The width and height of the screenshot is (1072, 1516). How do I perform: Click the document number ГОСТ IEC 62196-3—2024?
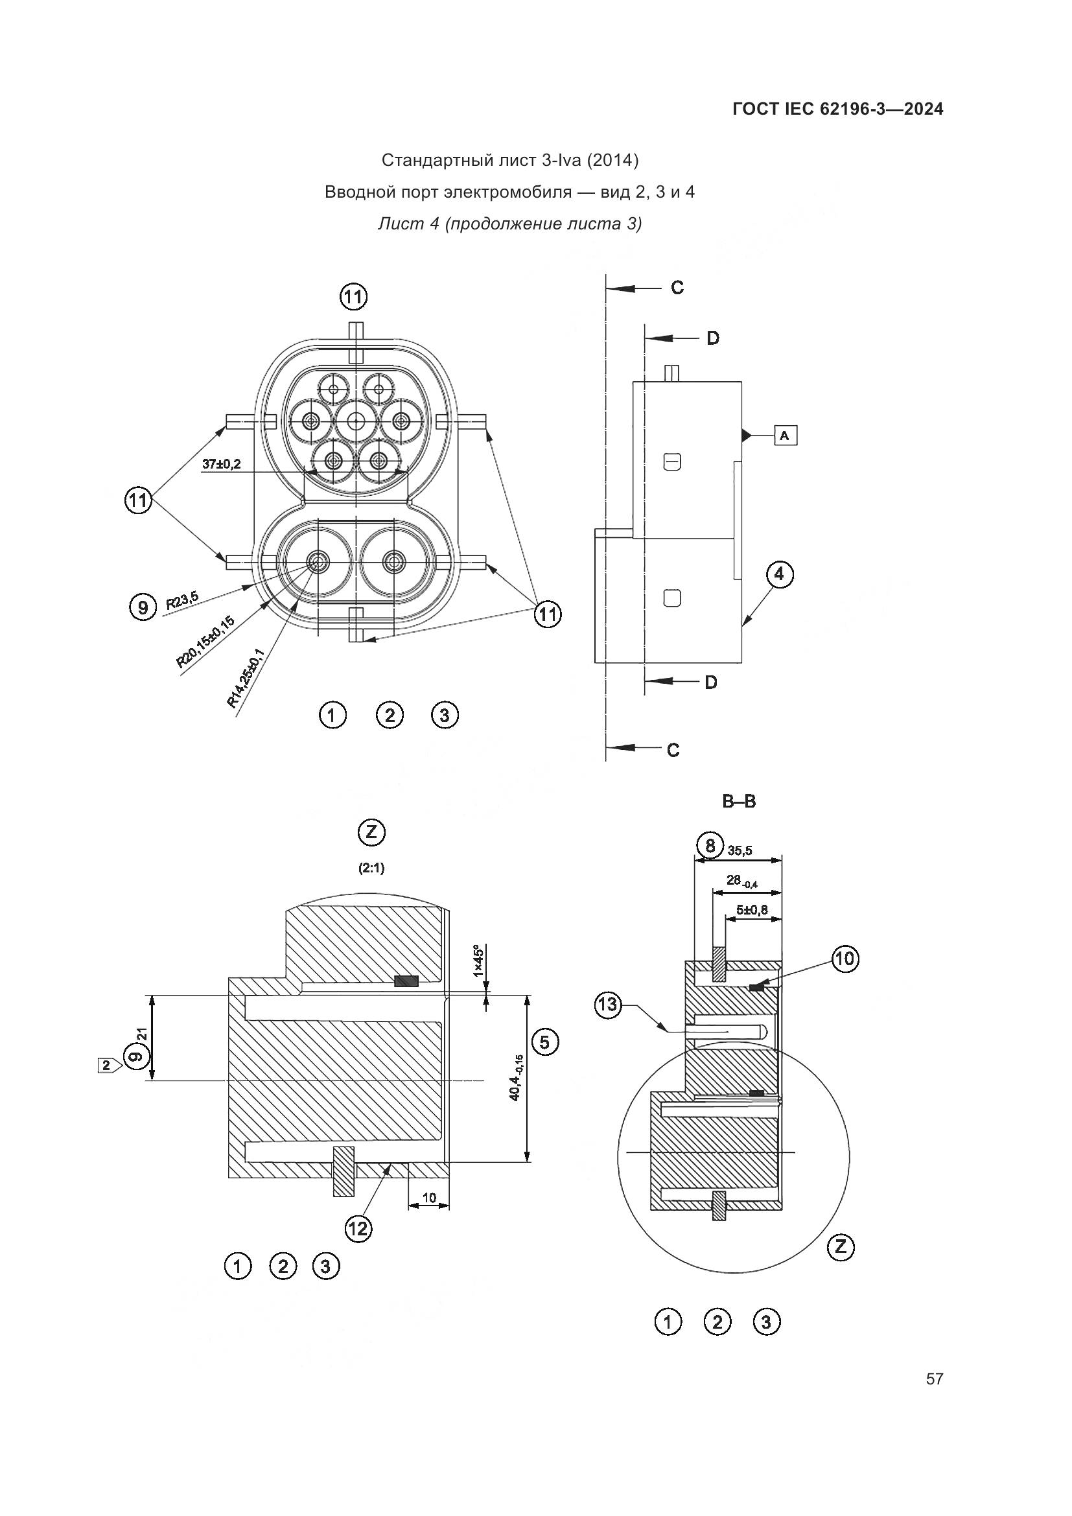(837, 109)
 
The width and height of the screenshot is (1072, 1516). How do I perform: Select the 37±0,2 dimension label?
(221, 464)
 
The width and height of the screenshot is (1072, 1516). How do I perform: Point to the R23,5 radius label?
(181, 601)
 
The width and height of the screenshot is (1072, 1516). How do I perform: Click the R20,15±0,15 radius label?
(205, 642)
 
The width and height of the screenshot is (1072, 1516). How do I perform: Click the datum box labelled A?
(785, 435)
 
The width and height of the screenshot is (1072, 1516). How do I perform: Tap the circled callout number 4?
(780, 574)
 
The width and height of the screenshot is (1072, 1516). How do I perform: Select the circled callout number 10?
(845, 959)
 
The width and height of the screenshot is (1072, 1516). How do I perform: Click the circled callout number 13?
(607, 1005)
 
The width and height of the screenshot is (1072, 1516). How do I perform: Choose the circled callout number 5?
(544, 1042)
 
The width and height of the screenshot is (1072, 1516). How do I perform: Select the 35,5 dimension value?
(740, 851)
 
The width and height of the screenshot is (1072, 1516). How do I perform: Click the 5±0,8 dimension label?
(752, 910)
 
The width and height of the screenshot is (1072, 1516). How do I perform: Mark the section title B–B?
(739, 802)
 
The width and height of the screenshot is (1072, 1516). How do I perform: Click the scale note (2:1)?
(371, 869)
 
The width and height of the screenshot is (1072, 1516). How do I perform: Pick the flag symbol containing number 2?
(107, 1064)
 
